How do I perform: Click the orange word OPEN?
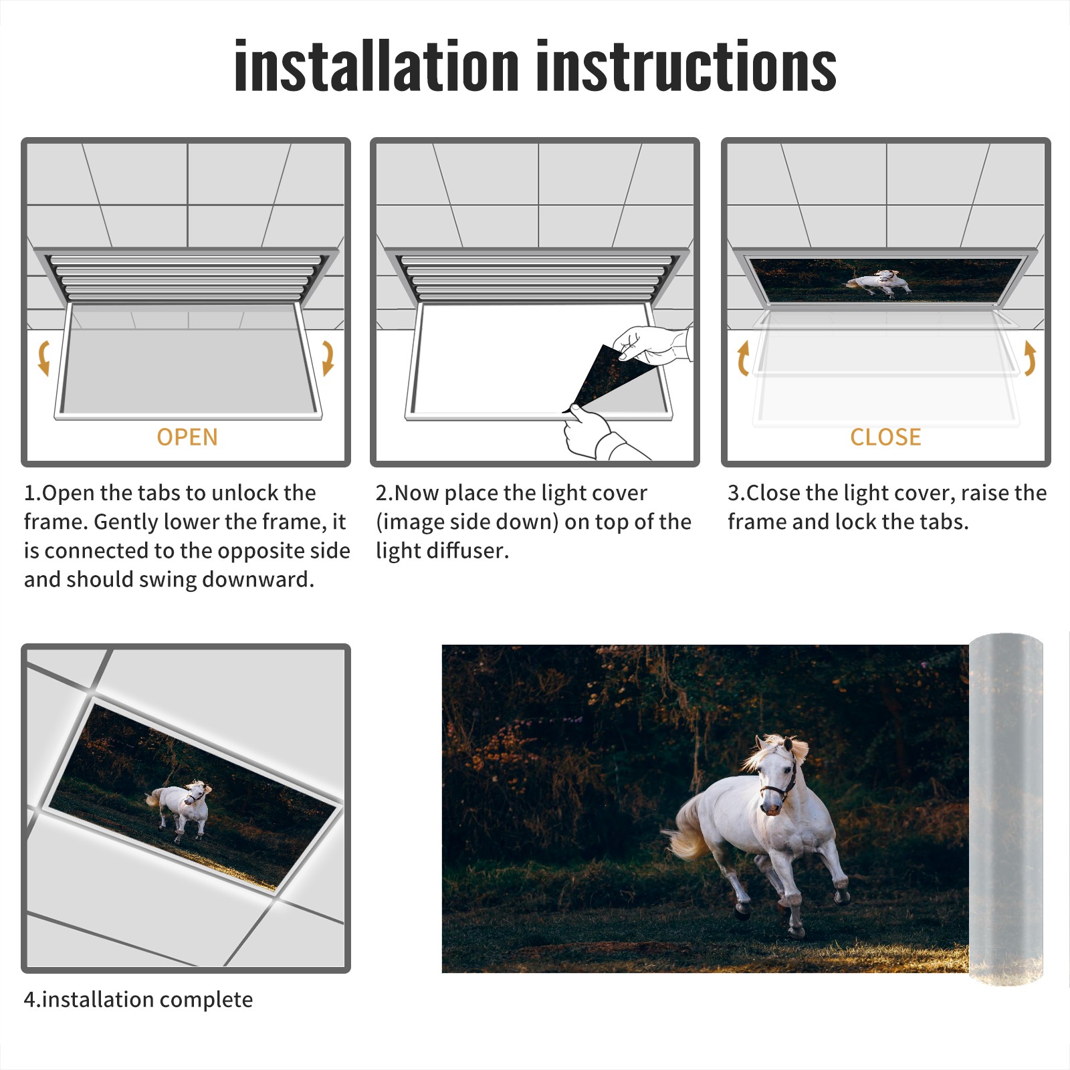pyautogui.click(x=187, y=437)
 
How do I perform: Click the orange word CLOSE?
pyautogui.click(x=885, y=437)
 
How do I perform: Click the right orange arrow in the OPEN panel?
pyautogui.click(x=328, y=358)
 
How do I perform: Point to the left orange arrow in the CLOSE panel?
pyautogui.click(x=743, y=358)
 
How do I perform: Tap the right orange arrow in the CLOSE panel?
pyautogui.click(x=1030, y=358)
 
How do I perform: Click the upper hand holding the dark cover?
pyautogui.click(x=652, y=344)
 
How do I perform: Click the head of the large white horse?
pyautogui.click(x=778, y=776)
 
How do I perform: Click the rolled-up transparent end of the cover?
pyautogui.click(x=1006, y=809)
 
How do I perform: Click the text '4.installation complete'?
pyautogui.click(x=138, y=999)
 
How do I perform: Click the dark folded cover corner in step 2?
pyautogui.click(x=605, y=378)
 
